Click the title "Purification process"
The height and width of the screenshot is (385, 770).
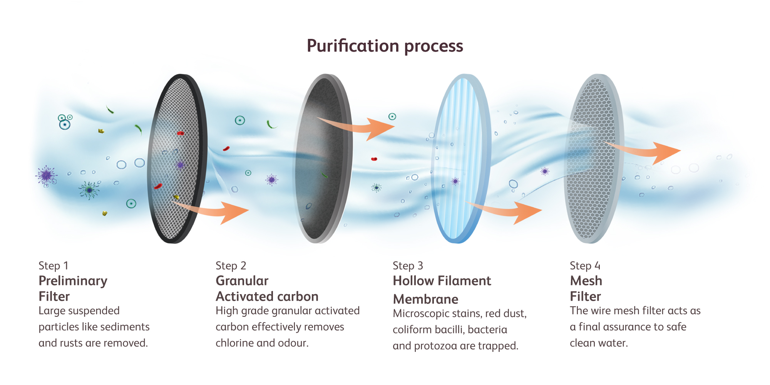pos(385,46)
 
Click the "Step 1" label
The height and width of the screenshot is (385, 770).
pos(54,266)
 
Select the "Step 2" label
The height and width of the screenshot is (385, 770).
pos(231,266)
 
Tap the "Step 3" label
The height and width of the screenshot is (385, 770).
pos(408,266)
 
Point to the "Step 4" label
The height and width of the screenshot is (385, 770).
pos(585,266)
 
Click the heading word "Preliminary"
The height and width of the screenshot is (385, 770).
pos(73,281)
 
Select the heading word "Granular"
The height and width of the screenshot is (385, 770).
pos(242,281)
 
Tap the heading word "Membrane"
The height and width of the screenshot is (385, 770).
pos(425,299)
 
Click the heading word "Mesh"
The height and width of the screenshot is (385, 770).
pos(586,281)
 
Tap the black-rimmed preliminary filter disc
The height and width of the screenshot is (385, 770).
pos(177,158)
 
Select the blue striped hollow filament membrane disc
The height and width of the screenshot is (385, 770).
pos(460,158)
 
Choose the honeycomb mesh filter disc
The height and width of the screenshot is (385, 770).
pos(593,158)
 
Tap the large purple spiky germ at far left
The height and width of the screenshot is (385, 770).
pos(46,175)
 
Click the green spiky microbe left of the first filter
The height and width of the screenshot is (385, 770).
pos(89,190)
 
